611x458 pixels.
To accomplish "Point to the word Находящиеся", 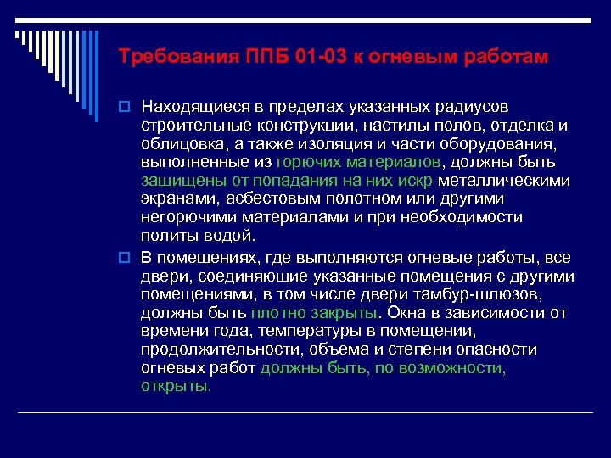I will pos(192,108).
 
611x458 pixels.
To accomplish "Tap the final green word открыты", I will pos(176,386).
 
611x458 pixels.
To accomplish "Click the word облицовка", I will pos(179,143).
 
